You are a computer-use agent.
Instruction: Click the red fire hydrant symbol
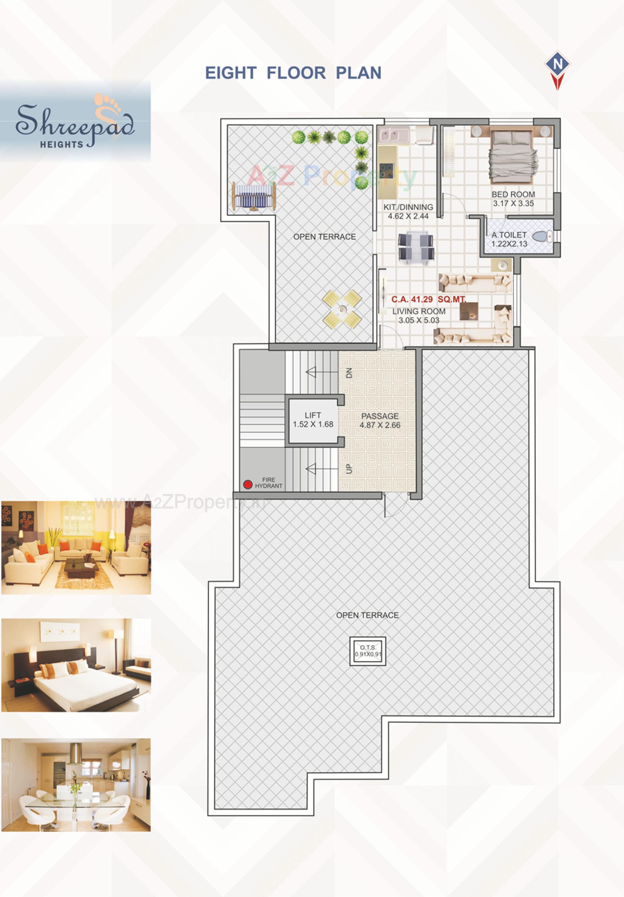tap(247, 484)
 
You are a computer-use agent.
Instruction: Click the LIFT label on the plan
tap(313, 415)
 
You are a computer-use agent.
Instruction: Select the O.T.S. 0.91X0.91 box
tap(368, 651)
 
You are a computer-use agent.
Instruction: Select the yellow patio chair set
tap(342, 309)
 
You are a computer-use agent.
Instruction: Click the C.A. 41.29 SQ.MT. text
tap(429, 299)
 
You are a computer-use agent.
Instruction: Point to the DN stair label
tap(349, 373)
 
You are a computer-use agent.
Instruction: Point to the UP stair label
tap(349, 469)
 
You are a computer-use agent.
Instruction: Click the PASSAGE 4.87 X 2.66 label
tap(380, 420)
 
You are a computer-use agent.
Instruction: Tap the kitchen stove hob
tap(387, 170)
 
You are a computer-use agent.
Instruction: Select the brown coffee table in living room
tap(468, 312)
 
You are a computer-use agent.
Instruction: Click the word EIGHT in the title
tap(231, 73)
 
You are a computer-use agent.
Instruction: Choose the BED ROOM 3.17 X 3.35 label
tap(513, 199)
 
